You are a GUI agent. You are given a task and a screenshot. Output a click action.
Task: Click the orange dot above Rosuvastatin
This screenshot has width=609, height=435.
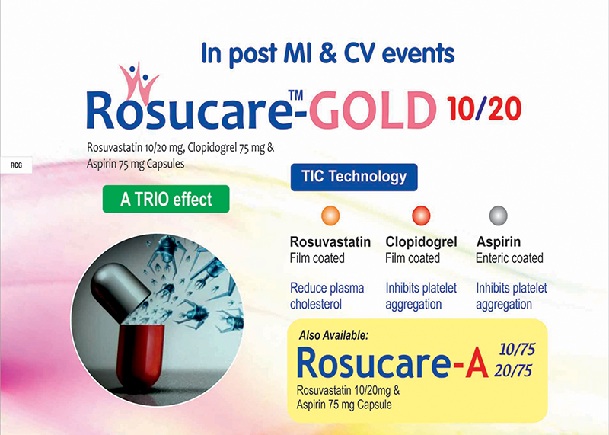coord(330,216)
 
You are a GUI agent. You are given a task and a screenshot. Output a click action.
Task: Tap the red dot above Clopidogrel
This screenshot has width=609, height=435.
coord(421,216)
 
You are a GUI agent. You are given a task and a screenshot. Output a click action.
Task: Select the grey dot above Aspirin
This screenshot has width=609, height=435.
coord(498,216)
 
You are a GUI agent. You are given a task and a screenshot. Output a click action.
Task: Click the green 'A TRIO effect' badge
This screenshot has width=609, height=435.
coord(166,199)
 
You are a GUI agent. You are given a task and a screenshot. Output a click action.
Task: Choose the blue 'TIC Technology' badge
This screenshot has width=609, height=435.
coord(354,177)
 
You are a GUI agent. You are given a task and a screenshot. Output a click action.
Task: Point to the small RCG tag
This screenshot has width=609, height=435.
coord(16,165)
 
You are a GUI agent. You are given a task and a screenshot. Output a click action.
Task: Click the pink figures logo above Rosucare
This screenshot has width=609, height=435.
coord(138,84)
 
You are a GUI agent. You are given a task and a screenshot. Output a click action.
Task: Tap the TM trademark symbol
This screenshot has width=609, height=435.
coord(295,95)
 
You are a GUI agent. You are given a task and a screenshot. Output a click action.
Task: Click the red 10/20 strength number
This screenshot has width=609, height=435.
coord(483,108)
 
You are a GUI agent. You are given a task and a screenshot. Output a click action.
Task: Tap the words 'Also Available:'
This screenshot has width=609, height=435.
coord(333,335)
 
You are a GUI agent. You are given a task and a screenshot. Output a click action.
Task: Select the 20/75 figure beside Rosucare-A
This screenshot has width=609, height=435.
coord(512,371)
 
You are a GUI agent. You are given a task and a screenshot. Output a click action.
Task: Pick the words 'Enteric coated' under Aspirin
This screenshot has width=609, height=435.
coord(509,258)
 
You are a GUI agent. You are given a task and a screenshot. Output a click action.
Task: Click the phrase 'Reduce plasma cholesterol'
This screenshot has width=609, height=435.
coord(327,296)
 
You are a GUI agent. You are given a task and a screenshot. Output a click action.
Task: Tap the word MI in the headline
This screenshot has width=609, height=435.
coord(298,53)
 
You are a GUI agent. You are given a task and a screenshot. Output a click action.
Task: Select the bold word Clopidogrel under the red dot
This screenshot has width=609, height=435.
coord(421,241)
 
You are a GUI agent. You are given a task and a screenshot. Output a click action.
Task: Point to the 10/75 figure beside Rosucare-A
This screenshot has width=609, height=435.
coord(517,350)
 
